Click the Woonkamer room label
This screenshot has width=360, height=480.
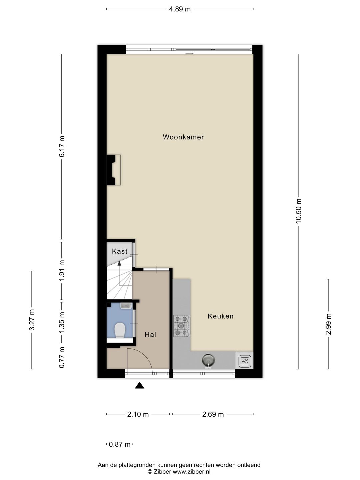point(183,137)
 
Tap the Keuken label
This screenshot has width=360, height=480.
point(220,316)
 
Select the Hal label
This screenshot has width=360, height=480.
point(150,334)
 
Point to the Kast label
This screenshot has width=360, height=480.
point(120,251)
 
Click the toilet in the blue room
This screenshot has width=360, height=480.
point(120,330)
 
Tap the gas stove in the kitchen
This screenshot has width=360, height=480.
point(182,326)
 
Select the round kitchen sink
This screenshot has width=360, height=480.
point(208,360)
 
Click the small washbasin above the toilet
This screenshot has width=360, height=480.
point(126,306)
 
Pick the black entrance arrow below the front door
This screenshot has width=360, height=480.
point(139,385)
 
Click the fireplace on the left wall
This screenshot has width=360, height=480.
point(114,170)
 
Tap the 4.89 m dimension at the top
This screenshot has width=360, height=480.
point(180,9)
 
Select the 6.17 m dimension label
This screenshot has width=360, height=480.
point(62,146)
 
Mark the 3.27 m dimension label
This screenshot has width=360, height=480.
point(32,320)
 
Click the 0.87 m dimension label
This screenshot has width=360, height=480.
point(120,444)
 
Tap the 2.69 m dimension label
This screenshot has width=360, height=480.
point(213,414)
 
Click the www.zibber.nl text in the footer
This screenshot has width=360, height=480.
point(191,472)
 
